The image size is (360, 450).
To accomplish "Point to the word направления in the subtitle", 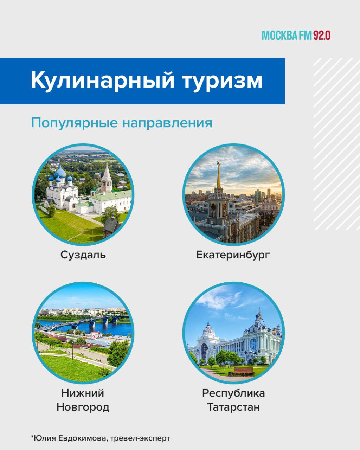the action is [167, 124].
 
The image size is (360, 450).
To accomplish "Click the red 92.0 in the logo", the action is [322, 36].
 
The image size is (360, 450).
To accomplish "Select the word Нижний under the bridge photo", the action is [83, 393].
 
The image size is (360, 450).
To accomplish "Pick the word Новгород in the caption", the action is [83, 407].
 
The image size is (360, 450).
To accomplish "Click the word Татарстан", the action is [233, 407].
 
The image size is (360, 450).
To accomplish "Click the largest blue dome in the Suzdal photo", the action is [60, 172].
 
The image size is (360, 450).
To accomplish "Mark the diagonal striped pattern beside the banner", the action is [337, 144].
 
